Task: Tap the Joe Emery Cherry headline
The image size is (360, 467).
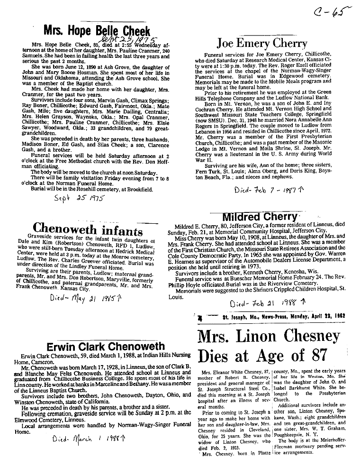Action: coord(262,44)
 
